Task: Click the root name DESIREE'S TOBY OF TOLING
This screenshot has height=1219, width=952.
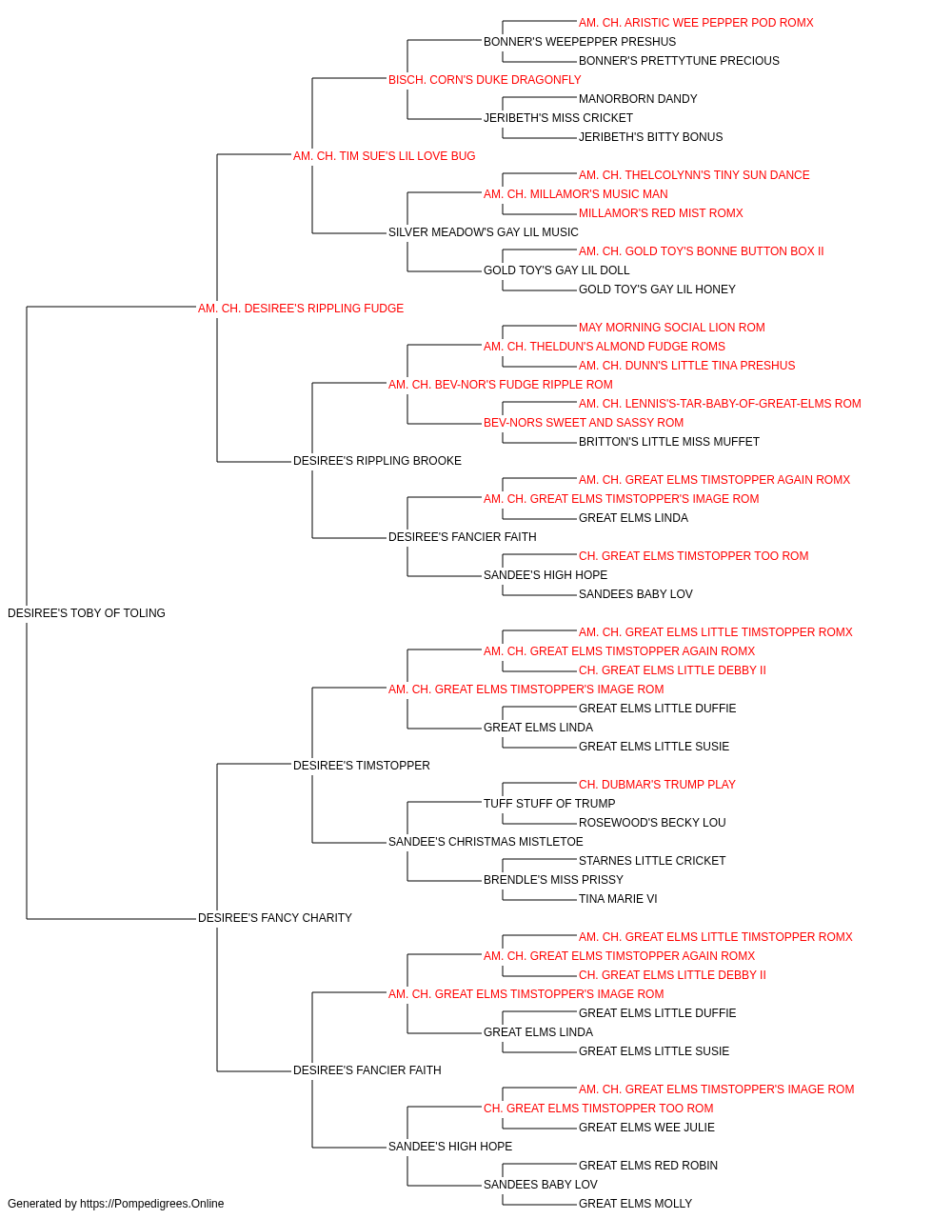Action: pyautogui.click(x=87, y=613)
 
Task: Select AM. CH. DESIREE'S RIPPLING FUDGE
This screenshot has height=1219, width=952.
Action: pyautogui.click(x=301, y=309)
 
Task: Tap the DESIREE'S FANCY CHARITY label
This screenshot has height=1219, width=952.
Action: pyautogui.click(x=275, y=918)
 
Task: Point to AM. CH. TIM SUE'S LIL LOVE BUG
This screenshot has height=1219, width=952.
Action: pyautogui.click(x=384, y=156)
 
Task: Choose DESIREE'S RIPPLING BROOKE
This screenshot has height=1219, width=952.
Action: pyautogui.click(x=377, y=461)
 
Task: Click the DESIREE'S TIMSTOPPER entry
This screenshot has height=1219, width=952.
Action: pyautogui.click(x=362, y=765)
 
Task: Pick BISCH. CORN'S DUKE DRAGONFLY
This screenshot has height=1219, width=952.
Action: pyautogui.click(x=485, y=80)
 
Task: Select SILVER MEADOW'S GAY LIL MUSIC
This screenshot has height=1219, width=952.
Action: pyautogui.click(x=484, y=232)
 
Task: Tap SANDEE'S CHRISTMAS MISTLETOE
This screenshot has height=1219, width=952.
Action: pyautogui.click(x=486, y=842)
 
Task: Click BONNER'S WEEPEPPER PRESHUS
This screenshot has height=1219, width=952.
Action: pyautogui.click(x=580, y=42)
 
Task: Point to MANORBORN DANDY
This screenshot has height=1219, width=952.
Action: pyautogui.click(x=638, y=99)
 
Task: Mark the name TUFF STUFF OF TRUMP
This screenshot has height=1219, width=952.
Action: pyautogui.click(x=549, y=804)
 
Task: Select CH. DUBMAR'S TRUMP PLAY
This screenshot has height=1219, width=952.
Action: pyautogui.click(x=657, y=784)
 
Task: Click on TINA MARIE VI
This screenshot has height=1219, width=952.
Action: pyautogui.click(x=618, y=899)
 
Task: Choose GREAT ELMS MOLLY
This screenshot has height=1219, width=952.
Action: pyautogui.click(x=635, y=1204)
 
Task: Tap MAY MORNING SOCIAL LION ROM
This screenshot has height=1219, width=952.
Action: pyautogui.click(x=672, y=327)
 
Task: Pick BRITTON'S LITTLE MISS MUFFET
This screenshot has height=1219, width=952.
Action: pyautogui.click(x=669, y=442)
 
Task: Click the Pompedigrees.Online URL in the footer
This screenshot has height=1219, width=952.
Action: pyautogui.click(x=152, y=1204)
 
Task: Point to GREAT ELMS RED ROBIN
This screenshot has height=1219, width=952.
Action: pyautogui.click(x=648, y=1165)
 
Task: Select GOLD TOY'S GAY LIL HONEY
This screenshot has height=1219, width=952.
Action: pyautogui.click(x=657, y=290)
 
